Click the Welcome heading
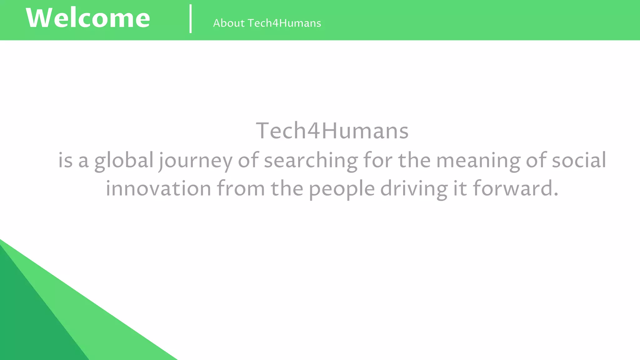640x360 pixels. [x=88, y=18]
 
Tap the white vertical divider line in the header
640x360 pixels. [x=191, y=19]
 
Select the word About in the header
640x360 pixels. [x=229, y=23]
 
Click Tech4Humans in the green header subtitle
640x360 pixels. [x=284, y=23]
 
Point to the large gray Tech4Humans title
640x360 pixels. [x=332, y=131]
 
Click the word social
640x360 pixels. [x=579, y=160]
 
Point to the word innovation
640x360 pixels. [x=158, y=189]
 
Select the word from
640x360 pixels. [x=241, y=189]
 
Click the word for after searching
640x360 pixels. [x=378, y=160]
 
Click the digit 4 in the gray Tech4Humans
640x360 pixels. [x=313, y=131]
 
